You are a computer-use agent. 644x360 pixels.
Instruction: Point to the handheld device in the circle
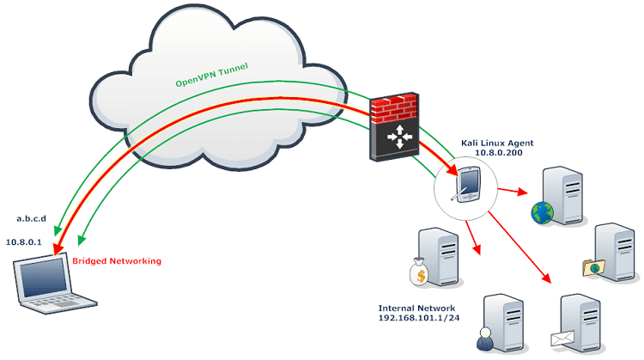point(468,185)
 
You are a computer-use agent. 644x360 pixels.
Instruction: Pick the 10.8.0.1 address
point(26,243)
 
